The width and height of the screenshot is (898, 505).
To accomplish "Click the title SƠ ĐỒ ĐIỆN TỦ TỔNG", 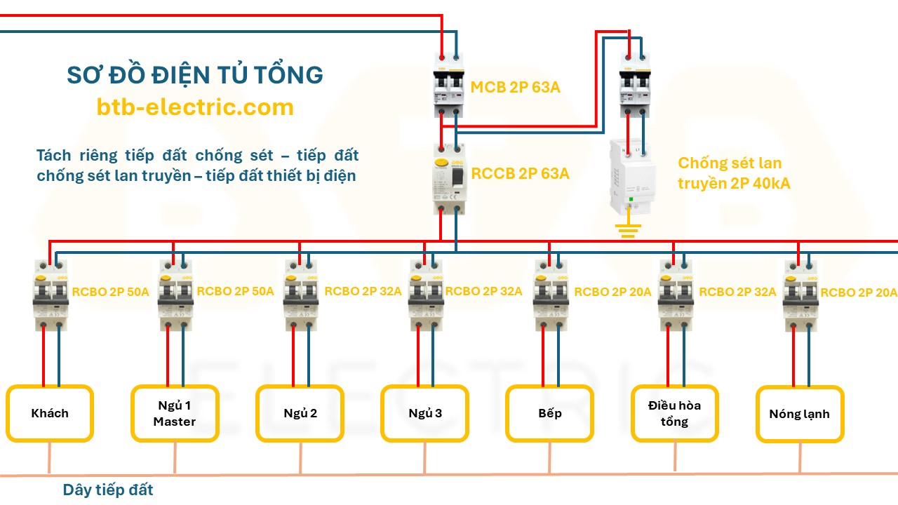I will [195, 75].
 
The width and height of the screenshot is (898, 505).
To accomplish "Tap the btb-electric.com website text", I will [195, 107].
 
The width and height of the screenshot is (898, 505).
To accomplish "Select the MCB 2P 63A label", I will [515, 88].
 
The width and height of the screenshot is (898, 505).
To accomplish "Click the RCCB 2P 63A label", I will [520, 173].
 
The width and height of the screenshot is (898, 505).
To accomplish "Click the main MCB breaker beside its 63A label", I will [449, 88].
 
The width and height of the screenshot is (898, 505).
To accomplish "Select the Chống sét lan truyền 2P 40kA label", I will [730, 173].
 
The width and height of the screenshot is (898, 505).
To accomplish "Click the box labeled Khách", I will [50, 413].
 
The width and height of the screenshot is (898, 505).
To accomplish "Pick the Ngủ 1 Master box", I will [175, 413].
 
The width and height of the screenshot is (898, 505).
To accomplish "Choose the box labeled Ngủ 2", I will [300, 413].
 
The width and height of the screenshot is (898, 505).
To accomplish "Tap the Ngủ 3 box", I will [424, 413].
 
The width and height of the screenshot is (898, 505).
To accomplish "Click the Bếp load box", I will [550, 413].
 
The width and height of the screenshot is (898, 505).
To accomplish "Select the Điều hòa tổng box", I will [674, 413].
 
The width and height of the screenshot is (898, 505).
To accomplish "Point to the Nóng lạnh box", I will [799, 414].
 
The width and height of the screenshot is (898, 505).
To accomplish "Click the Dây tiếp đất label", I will [108, 490].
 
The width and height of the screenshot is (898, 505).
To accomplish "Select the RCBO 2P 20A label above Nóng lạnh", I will [859, 292].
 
